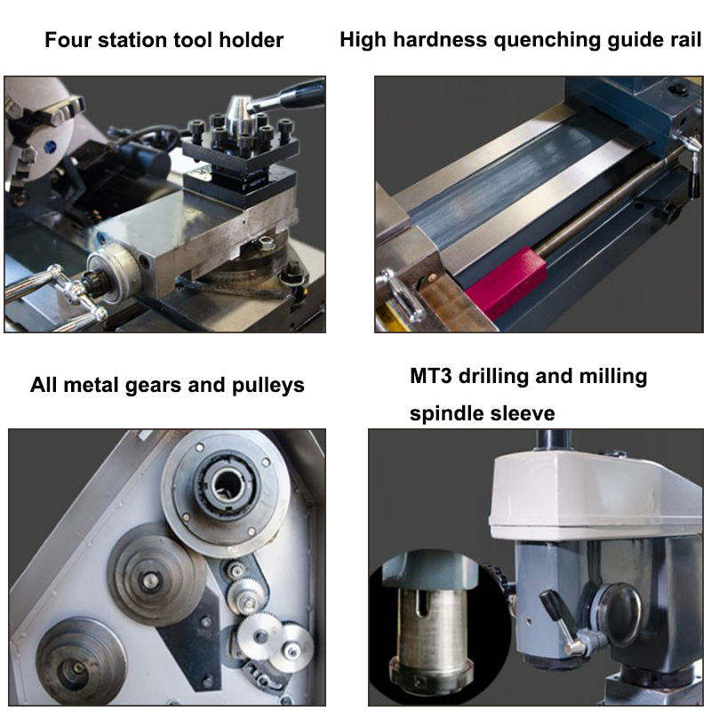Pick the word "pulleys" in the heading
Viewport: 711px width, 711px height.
tap(268, 387)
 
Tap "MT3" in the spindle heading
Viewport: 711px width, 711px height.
tap(431, 376)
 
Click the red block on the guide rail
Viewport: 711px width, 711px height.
tap(507, 282)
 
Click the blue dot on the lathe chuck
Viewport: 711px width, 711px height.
tap(50, 147)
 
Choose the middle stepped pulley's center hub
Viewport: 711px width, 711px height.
tap(148, 579)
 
